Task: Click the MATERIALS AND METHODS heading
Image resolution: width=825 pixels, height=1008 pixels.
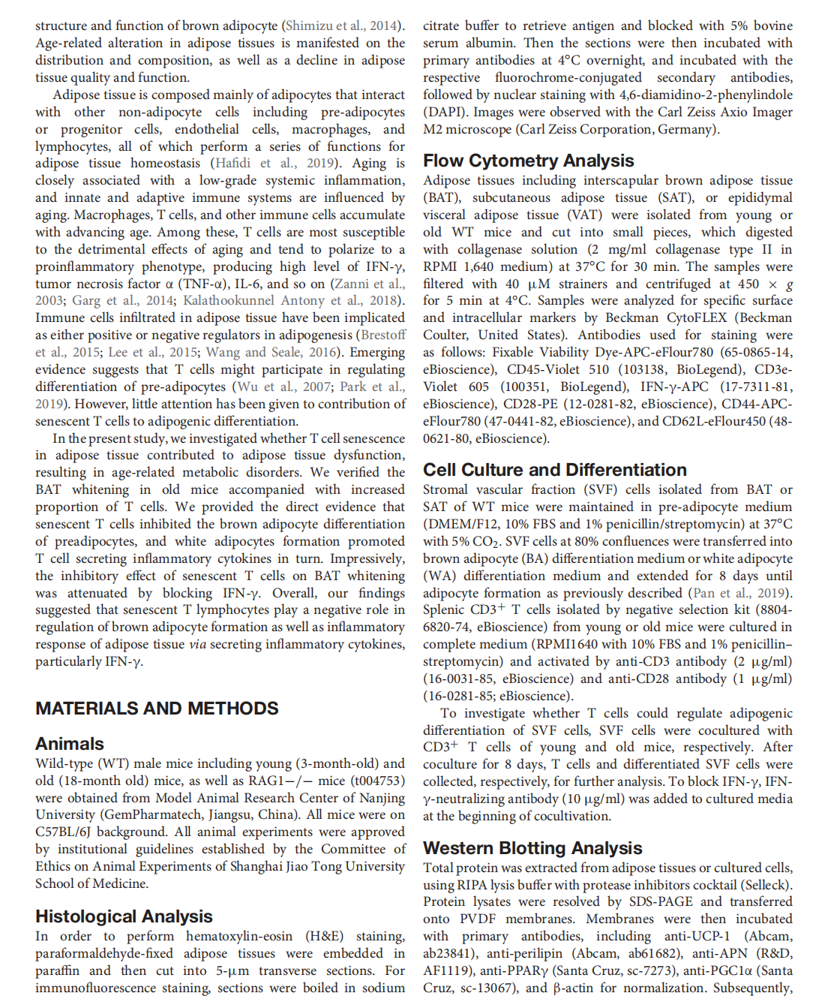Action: point(157,709)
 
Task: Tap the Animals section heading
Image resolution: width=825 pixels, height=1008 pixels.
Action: point(70,744)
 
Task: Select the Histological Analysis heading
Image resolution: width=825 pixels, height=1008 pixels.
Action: point(124,916)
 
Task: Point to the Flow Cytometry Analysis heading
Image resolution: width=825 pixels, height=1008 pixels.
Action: point(528,161)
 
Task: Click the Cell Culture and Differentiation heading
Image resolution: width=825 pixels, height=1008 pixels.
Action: point(554,470)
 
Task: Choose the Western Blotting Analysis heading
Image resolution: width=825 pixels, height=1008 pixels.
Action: point(532,848)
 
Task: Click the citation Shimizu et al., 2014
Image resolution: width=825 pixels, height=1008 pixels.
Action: point(341,26)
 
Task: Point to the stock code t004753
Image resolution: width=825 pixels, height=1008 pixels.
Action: point(379,781)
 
